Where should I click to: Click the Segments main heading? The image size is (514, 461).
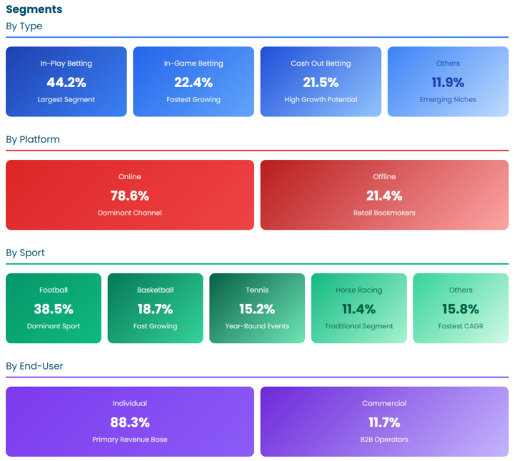point(34,9)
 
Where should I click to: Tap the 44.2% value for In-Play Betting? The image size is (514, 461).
point(66,82)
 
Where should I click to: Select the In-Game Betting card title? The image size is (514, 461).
point(193,64)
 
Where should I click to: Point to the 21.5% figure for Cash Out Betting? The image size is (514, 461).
point(321,82)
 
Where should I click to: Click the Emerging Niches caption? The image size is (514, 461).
point(448,100)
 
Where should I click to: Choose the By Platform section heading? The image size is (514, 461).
point(33,140)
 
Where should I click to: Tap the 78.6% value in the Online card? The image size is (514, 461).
point(130,196)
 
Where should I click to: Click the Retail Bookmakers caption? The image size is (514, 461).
point(384,213)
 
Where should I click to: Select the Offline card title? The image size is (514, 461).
point(384,176)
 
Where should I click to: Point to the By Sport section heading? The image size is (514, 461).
point(25,253)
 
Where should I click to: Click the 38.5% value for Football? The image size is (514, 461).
point(54,309)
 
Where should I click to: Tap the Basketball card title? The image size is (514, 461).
point(156,290)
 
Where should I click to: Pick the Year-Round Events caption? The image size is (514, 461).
point(257,326)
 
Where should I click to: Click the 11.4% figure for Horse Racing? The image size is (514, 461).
point(359,309)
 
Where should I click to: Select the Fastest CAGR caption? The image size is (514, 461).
point(460,326)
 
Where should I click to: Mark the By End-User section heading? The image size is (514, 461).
point(34,366)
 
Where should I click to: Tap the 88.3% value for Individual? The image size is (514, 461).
point(130,422)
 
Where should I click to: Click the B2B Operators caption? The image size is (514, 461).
point(384,440)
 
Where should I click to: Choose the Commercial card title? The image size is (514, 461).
point(384,403)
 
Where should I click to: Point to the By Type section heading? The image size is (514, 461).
point(24,26)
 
